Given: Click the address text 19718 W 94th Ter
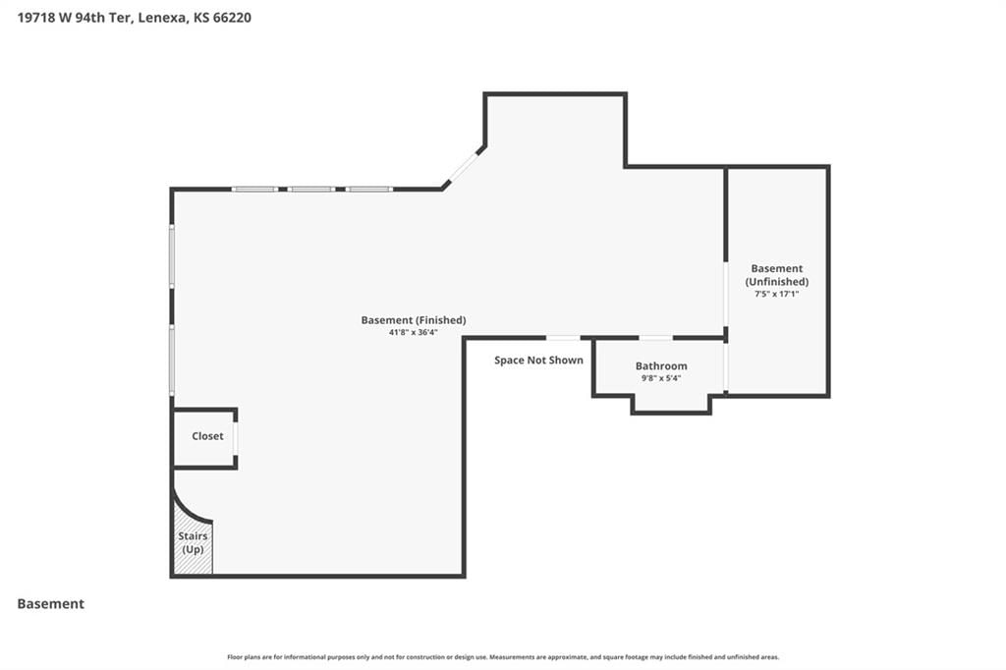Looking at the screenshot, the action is tap(75, 18).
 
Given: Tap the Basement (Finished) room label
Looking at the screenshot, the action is tap(414, 320).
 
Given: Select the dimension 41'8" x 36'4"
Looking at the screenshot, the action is tap(414, 332).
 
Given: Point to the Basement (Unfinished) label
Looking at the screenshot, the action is tap(777, 275).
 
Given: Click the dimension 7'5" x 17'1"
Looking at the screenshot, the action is tap(776, 294).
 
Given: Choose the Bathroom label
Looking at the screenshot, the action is tap(661, 365).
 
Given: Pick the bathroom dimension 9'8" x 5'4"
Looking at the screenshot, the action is tap(661, 378).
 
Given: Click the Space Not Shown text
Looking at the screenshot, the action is tap(538, 360).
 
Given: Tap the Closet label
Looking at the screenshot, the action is tap(207, 436).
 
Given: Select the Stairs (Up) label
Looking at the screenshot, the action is tap(193, 542).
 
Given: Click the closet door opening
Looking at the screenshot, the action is tap(236, 438).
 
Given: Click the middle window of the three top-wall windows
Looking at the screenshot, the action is tap(310, 190).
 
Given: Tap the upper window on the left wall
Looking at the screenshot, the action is tap(172, 256).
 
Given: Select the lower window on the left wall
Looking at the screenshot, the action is tap(172, 360).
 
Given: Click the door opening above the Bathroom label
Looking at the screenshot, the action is tap(655, 338).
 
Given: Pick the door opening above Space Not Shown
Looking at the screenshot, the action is tap(563, 338).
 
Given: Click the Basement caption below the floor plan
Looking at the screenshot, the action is tap(51, 604).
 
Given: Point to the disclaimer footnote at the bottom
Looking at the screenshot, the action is tap(503, 657).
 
